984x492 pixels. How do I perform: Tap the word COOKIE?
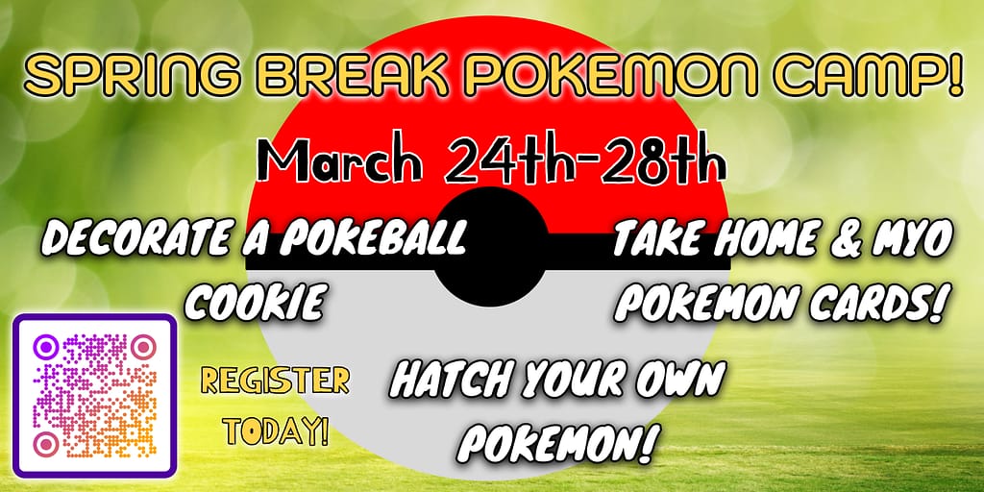click(255, 301)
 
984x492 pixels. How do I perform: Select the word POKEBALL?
click(373, 239)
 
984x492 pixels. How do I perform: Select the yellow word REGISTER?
click(275, 381)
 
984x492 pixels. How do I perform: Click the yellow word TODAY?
click(276, 431)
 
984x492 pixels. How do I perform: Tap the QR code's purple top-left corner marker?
click(46, 346)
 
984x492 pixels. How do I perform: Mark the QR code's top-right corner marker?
click(144, 346)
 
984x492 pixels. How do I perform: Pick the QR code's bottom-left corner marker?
click(46, 444)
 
